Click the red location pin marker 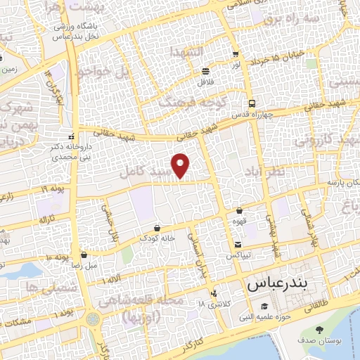coord(181,165)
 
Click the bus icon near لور coord(235,53)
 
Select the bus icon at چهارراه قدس coord(251,103)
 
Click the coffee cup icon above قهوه coord(240,210)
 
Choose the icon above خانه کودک coord(156,228)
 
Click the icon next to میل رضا coord(84,255)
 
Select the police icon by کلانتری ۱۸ coord(214,294)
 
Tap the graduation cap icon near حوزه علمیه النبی coord(264,307)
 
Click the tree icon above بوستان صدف coord(320,330)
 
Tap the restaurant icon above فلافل coord(205,71)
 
